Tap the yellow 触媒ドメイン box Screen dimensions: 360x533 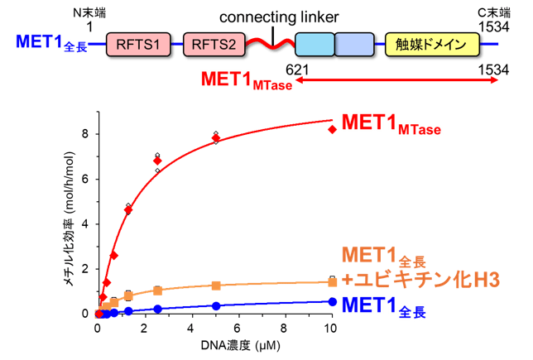[432, 44]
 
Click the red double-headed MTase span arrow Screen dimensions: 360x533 [397, 79]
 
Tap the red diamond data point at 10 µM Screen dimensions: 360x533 [332, 129]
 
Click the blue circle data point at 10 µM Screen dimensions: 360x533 [332, 301]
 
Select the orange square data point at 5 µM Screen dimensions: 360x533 [215, 286]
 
